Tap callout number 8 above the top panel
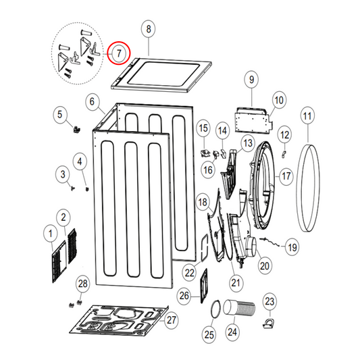[149, 29]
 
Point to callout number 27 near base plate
[171, 319]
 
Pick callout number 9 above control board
[251, 80]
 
